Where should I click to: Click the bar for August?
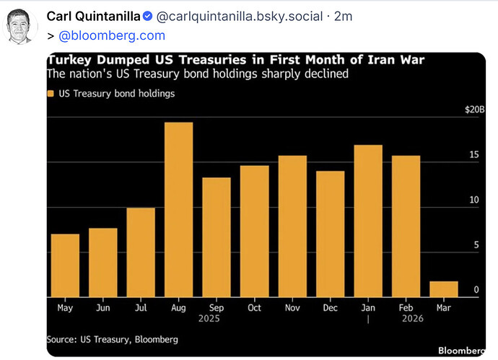(x=178, y=210)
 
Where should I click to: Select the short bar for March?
(x=444, y=289)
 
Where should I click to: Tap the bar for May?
(x=65, y=265)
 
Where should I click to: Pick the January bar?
(x=368, y=221)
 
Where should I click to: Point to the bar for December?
(x=331, y=234)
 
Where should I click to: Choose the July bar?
(x=141, y=253)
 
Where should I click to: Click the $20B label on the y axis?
(x=475, y=110)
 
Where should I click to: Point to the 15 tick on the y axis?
(x=474, y=154)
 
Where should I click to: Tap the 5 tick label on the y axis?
(x=476, y=245)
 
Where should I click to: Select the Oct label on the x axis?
(x=254, y=307)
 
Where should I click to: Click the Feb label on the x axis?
(x=406, y=307)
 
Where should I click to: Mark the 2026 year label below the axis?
(x=413, y=318)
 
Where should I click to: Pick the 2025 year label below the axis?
(x=209, y=318)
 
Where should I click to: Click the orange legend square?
(x=51, y=93)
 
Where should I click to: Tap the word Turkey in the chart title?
(x=69, y=60)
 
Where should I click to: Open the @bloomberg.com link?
(x=112, y=35)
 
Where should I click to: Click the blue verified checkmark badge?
(x=147, y=16)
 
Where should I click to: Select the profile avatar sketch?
(x=19, y=27)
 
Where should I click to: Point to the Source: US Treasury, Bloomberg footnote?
(x=112, y=339)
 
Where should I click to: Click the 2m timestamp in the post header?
(x=344, y=17)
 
